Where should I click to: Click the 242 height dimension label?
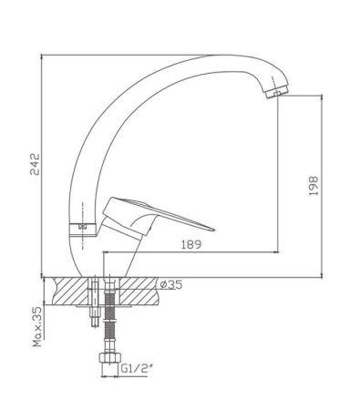[35, 164]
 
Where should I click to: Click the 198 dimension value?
[314, 186]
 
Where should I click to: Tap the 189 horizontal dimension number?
[191, 244]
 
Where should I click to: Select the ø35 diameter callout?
[171, 284]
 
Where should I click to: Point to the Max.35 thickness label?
[37, 326]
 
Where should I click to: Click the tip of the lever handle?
[214, 230]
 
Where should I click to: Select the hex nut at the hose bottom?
[109, 357]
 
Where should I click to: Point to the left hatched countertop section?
[70, 292]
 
